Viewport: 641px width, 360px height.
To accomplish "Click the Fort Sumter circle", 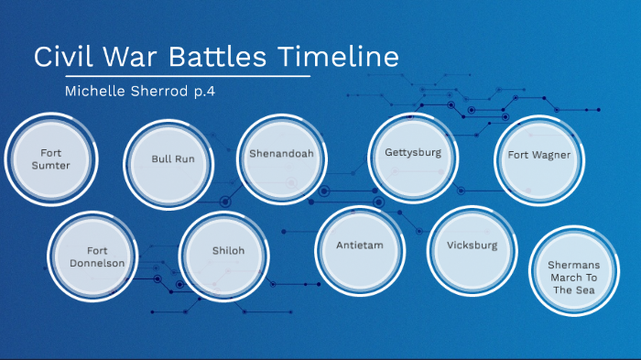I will pyautogui.click(x=49, y=159).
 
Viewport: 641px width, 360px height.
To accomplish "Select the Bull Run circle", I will pyautogui.click(x=172, y=159).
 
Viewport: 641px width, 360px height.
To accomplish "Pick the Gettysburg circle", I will pyautogui.click(x=413, y=154).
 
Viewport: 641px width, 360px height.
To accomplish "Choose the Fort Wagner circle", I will pyautogui.click(x=539, y=156).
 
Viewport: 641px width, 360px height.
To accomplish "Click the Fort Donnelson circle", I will pyautogui.click(x=96, y=256).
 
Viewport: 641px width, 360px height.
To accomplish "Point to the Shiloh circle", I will pyautogui.click(x=228, y=251).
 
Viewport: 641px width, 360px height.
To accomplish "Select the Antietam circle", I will pyautogui.click(x=360, y=246).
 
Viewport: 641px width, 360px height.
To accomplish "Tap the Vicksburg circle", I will pyautogui.click(x=473, y=246).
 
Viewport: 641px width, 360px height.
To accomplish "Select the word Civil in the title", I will pyautogui.click(x=60, y=57).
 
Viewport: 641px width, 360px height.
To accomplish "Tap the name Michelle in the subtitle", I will pyautogui.click(x=99, y=91).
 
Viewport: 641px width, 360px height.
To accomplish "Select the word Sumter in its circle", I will pyautogui.click(x=49, y=166).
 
